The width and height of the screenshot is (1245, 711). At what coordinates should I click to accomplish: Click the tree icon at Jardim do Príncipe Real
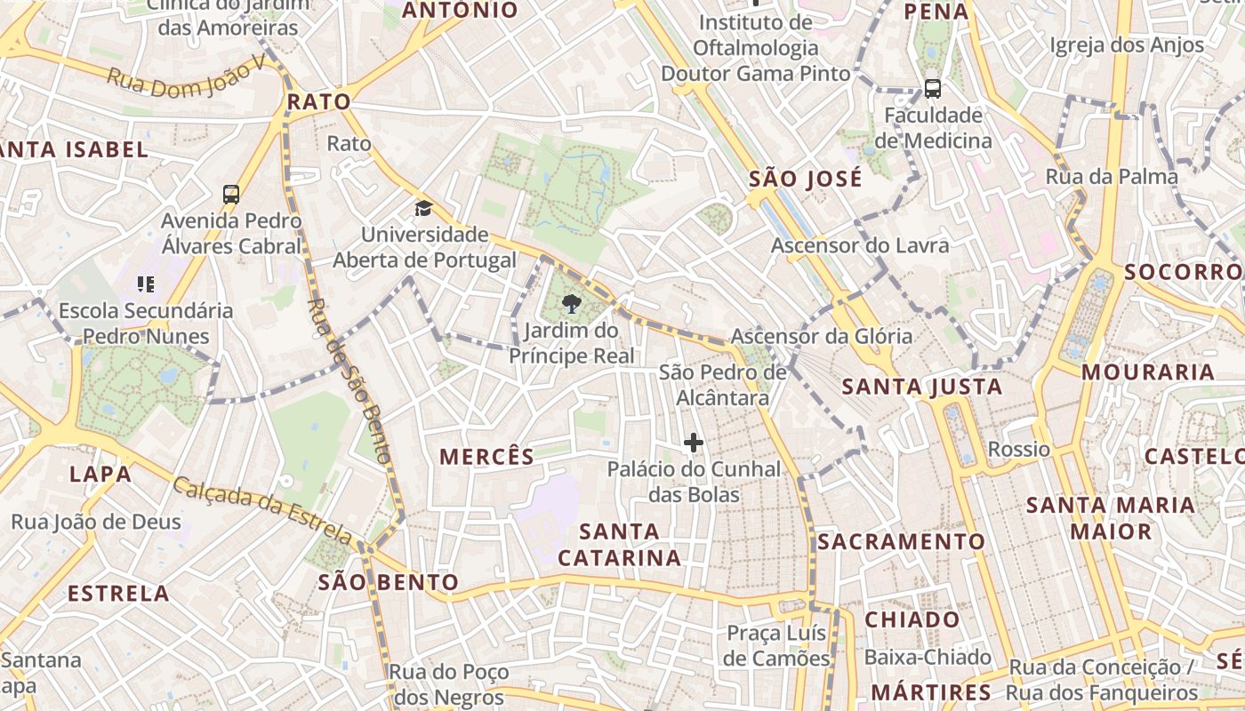pos(572,306)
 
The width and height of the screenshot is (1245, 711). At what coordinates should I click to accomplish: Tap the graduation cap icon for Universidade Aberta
pos(423,209)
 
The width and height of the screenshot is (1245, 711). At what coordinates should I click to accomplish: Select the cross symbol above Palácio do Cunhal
pos(694,443)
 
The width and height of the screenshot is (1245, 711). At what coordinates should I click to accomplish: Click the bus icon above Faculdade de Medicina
pos(932,89)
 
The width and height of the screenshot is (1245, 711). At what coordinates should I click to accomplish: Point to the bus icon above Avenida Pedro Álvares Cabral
pos(231,195)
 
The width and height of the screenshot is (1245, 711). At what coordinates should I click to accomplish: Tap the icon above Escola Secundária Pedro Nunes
pos(145,284)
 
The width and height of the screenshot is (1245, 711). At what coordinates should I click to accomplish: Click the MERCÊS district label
pos(487,457)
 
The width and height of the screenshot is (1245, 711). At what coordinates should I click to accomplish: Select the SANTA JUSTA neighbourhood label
pos(922,387)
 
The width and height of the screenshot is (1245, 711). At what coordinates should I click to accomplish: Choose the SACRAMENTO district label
pos(902,541)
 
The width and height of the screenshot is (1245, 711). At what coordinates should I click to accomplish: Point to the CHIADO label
pos(912,619)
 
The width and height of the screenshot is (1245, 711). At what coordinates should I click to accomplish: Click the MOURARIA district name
pos(1148,371)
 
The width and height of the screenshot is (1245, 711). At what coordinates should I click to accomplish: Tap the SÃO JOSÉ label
pos(805,179)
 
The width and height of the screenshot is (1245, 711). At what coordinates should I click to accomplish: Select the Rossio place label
pos(1019,449)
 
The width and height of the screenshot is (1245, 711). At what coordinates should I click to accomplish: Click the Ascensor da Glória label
pos(821,336)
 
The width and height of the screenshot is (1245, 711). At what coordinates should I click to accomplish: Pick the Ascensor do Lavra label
pos(860,245)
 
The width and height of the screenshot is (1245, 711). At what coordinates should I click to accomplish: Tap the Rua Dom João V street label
pos(186,76)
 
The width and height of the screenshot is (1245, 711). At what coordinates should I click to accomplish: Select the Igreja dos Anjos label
pos(1127,44)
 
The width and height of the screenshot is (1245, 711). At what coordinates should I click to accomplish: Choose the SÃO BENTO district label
pos(389,582)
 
